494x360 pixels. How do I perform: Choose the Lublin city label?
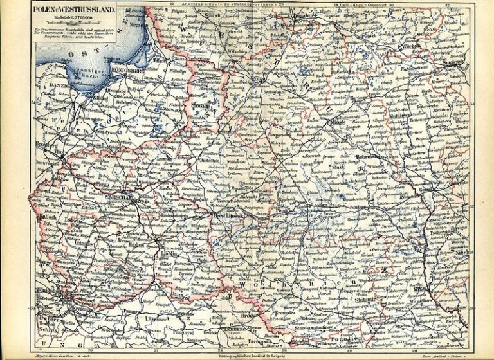[x=167, y=253]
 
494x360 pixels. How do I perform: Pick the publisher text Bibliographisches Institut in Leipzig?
[x=248, y=354]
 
